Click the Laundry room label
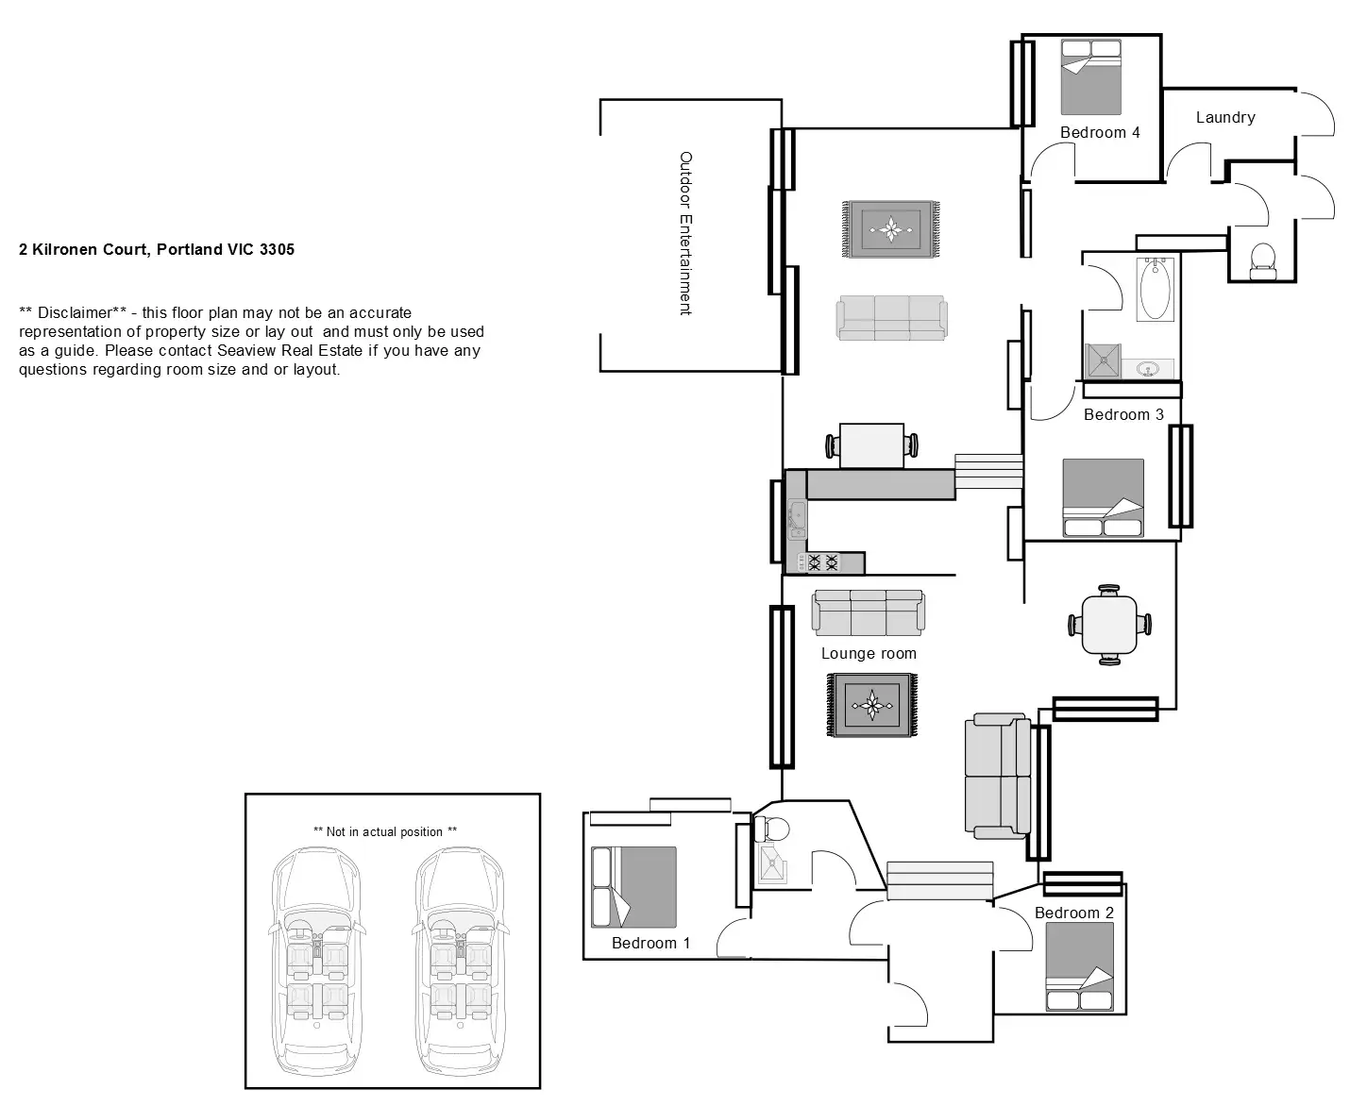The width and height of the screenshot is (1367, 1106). click(x=1225, y=118)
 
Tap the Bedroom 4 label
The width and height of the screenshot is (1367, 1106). click(x=1100, y=133)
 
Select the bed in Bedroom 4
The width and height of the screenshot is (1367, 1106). click(x=1090, y=77)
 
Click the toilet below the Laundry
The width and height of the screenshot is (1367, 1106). click(x=1262, y=260)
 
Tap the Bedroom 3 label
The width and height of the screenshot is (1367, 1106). click(x=1123, y=415)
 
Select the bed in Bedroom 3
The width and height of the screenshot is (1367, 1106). click(x=1103, y=497)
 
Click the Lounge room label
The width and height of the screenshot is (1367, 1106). click(x=869, y=654)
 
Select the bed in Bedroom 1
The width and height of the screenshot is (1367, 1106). click(x=633, y=887)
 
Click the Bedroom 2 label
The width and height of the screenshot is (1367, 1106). click(x=1074, y=913)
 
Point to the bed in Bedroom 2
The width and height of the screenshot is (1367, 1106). click(x=1080, y=967)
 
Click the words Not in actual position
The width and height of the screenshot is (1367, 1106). click(x=385, y=832)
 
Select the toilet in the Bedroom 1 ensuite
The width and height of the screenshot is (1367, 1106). click(x=773, y=829)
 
